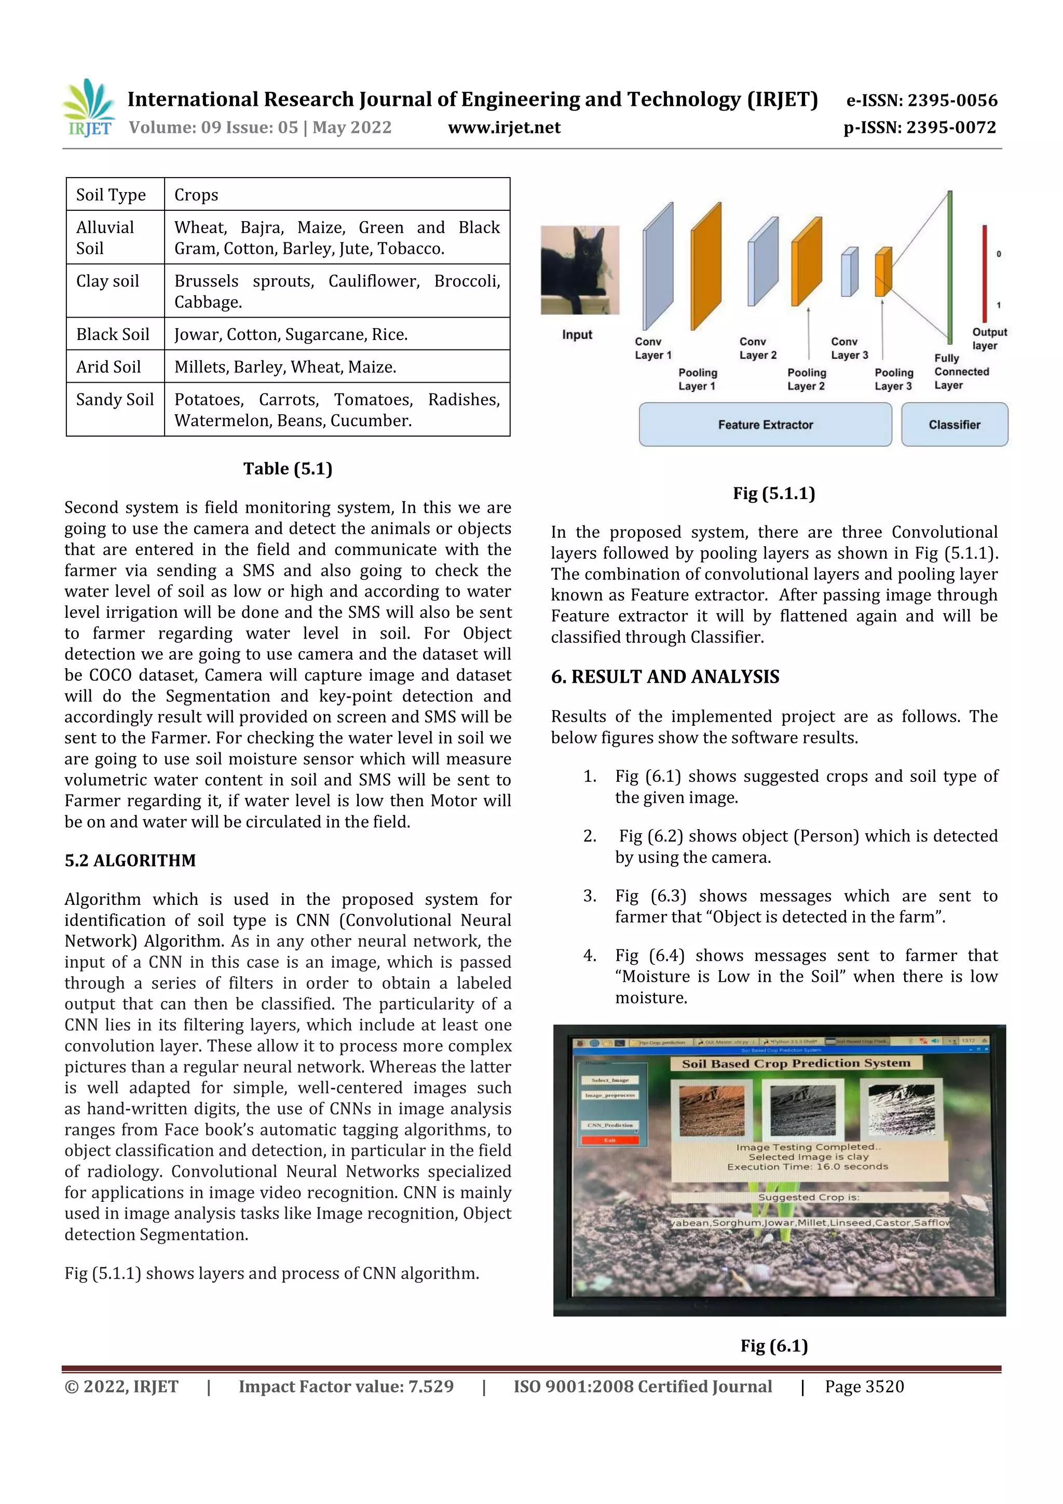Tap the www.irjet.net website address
pyautogui.click(x=503, y=127)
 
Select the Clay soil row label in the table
pyautogui.click(x=108, y=281)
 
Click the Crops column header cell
pyautogui.click(x=196, y=195)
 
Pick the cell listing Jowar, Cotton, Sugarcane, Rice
pyautogui.click(x=291, y=334)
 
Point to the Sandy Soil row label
pyautogui.click(x=115, y=400)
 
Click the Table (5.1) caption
pyautogui.click(x=288, y=468)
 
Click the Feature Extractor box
pyautogui.click(x=765, y=425)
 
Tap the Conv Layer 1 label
pyautogui.click(x=652, y=348)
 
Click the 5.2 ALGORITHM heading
pyautogui.click(x=130, y=860)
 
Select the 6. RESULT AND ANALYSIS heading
pyautogui.click(x=665, y=676)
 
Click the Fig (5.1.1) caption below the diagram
pyautogui.click(x=773, y=493)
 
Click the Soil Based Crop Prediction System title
pyautogui.click(x=796, y=1063)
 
